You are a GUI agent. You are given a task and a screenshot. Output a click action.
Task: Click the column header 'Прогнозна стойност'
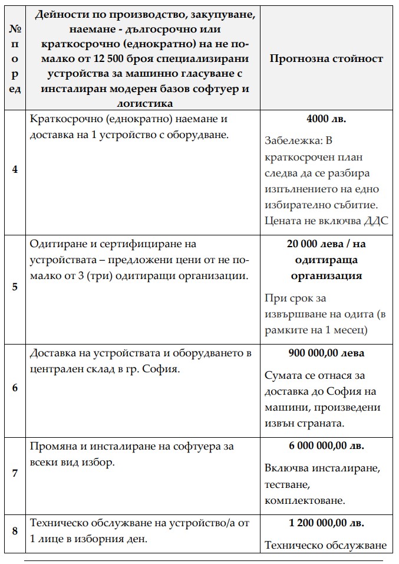pyautogui.click(x=326, y=58)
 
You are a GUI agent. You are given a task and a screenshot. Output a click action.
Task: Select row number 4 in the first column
pyautogui.click(x=15, y=169)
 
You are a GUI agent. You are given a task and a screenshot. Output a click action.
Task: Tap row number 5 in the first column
pyautogui.click(x=15, y=287)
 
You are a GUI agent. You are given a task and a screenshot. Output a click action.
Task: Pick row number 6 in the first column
pyautogui.click(x=15, y=388)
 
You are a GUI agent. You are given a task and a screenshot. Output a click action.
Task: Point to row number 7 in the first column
pyautogui.click(x=15, y=473)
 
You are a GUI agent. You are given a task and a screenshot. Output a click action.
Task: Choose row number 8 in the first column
pyautogui.click(x=15, y=531)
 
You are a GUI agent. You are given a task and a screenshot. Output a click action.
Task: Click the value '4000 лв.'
pyautogui.click(x=326, y=119)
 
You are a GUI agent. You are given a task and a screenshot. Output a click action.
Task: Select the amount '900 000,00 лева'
pyautogui.click(x=326, y=353)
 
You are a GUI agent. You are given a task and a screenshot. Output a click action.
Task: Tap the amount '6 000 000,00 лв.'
pyautogui.click(x=326, y=446)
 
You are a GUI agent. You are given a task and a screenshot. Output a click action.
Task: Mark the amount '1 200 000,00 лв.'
pyautogui.click(x=326, y=523)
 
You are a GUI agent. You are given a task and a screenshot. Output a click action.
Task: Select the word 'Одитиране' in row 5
pyautogui.click(x=55, y=244)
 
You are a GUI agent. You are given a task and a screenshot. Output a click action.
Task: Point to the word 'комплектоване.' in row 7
pyautogui.click(x=305, y=500)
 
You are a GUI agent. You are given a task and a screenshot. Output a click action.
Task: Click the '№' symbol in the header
pyautogui.click(x=15, y=28)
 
